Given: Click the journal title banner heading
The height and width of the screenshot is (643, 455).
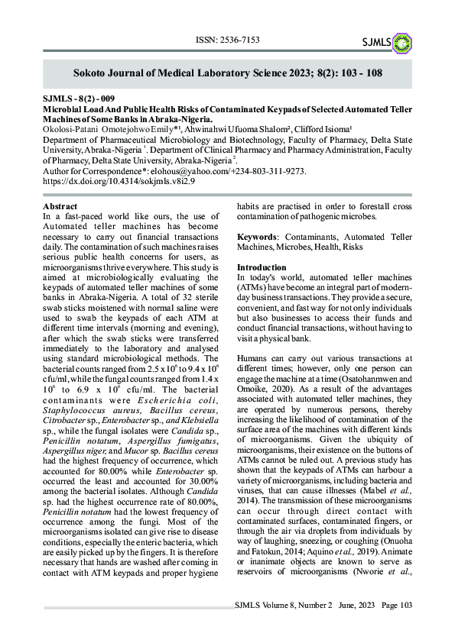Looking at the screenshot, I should tap(227, 74).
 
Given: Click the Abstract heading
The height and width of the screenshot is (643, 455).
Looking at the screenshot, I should tap(60, 207).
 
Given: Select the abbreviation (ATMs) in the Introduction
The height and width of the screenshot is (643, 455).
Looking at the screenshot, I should tap(254, 297).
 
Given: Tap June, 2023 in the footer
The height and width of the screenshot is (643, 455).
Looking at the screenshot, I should tap(355, 626).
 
